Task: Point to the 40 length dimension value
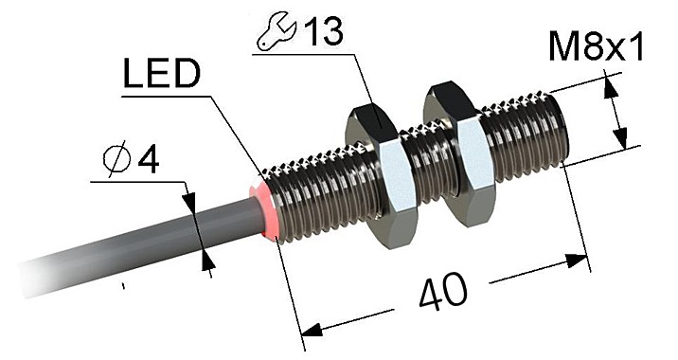pyautogui.click(x=439, y=293)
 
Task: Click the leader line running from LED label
pyautogui.click(x=232, y=133)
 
